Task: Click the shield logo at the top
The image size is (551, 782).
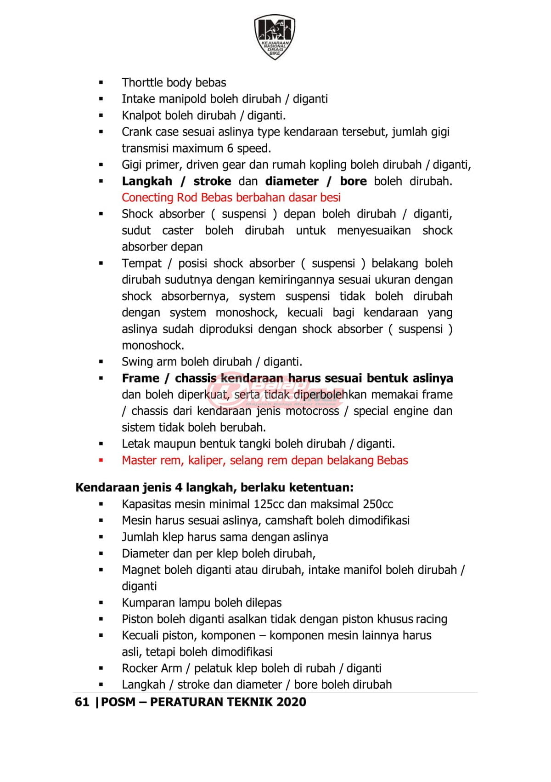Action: tap(275, 37)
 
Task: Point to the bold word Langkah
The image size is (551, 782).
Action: tap(147, 181)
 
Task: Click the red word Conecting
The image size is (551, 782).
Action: tap(147, 198)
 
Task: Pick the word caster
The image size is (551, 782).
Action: tap(178, 230)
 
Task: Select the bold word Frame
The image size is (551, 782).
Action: tap(140, 378)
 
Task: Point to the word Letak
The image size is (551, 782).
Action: tap(136, 444)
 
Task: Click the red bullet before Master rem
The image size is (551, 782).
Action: tap(101, 460)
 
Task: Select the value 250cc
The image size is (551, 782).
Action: tap(377, 504)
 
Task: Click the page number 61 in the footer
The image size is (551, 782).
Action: tap(82, 702)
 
